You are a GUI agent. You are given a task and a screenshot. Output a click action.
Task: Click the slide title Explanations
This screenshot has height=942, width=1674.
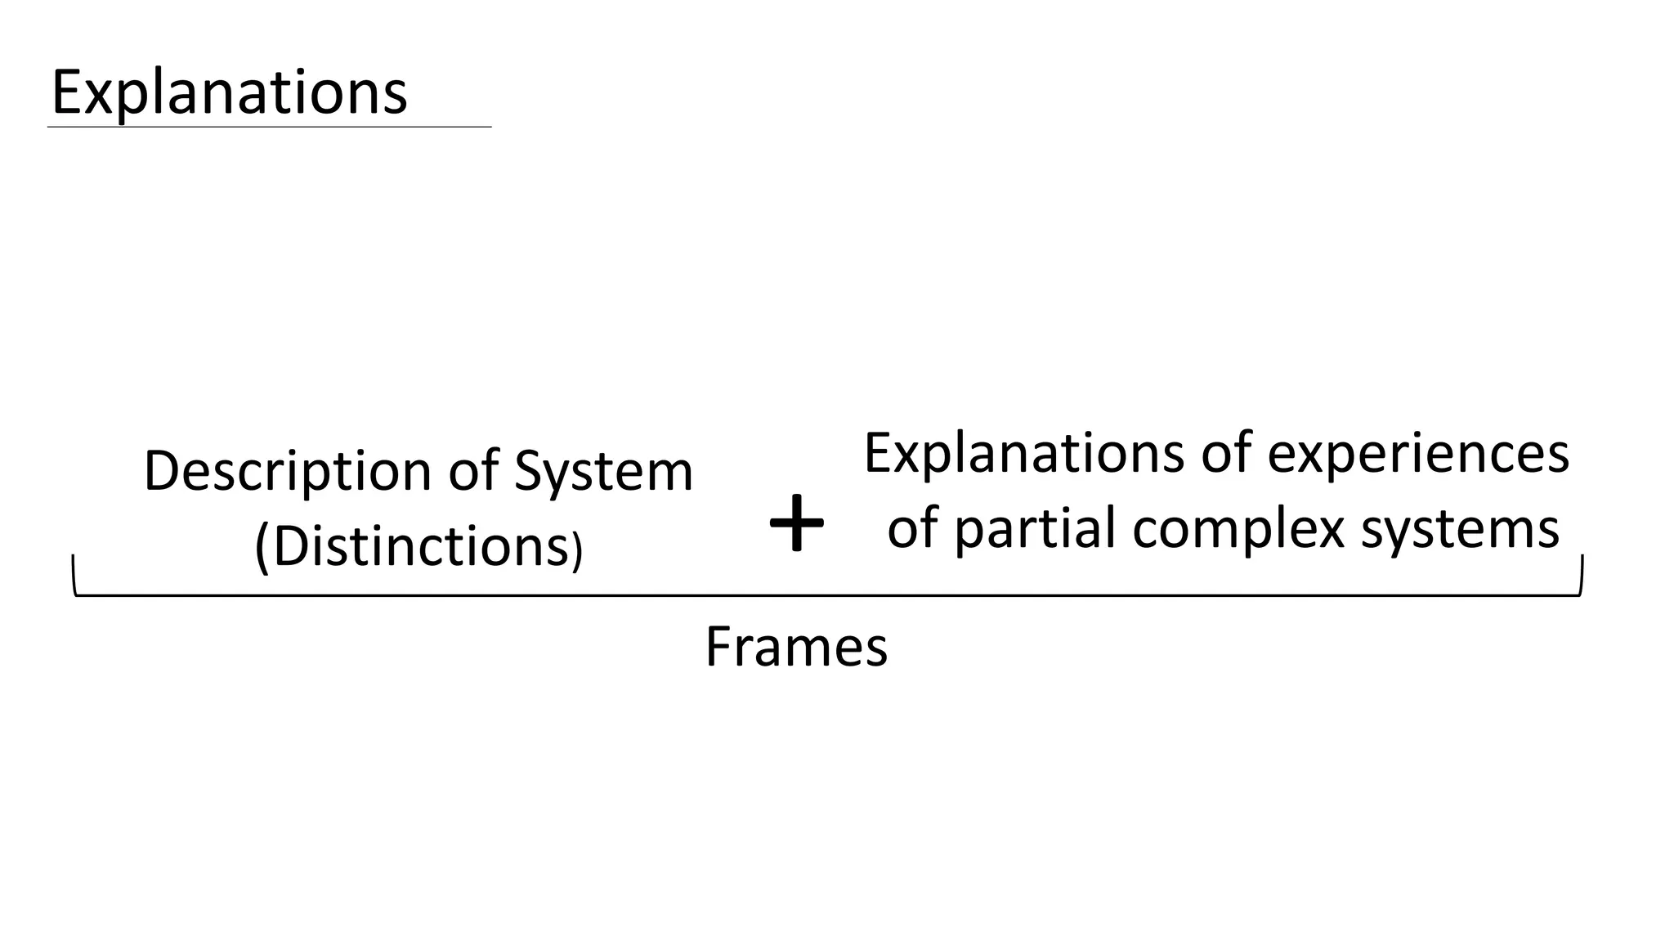229,92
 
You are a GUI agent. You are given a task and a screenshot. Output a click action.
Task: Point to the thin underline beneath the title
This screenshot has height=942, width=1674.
270,127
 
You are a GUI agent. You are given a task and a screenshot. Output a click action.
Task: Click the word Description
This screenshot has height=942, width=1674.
287,473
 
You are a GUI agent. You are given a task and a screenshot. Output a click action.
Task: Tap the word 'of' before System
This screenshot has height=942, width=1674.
473,472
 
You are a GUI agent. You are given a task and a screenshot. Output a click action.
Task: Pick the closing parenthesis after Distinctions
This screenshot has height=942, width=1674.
577,549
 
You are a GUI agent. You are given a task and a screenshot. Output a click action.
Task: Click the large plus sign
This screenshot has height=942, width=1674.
796,523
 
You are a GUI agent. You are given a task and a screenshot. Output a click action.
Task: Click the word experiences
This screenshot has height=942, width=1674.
1417,454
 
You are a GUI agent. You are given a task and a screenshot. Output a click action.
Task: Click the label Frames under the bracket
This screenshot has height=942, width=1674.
796,647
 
